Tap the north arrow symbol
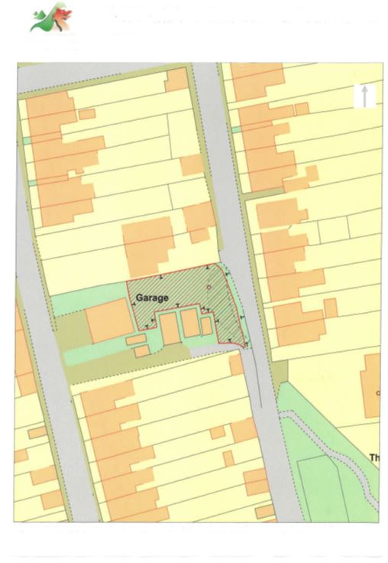click(365, 96)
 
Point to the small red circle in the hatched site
click(209, 288)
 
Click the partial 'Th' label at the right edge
click(374, 457)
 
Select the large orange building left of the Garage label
click(108, 321)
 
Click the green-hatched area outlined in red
click(226, 306)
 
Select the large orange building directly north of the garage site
click(148, 245)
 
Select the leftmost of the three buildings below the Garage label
click(169, 330)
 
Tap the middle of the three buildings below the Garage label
click(189, 324)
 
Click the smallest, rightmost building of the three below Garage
click(206, 326)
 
